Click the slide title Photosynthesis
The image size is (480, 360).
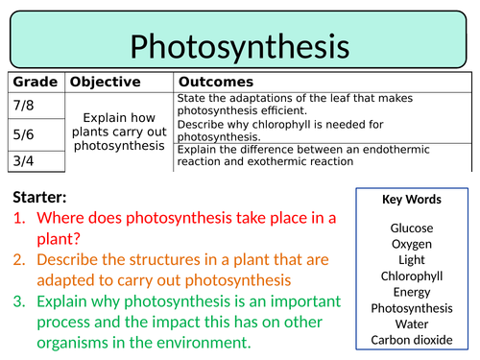[x=240, y=44]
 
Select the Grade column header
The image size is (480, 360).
[x=36, y=83]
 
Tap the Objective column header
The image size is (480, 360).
[x=106, y=83]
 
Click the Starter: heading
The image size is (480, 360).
[x=41, y=197]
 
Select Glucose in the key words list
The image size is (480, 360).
[x=411, y=228]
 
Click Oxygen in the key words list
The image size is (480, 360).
[x=411, y=244]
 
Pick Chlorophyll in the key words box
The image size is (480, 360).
[x=411, y=276]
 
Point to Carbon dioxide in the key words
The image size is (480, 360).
[x=411, y=339]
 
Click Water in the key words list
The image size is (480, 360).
[x=411, y=324]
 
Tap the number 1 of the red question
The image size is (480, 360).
[x=19, y=218]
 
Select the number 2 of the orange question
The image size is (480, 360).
[x=19, y=260]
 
